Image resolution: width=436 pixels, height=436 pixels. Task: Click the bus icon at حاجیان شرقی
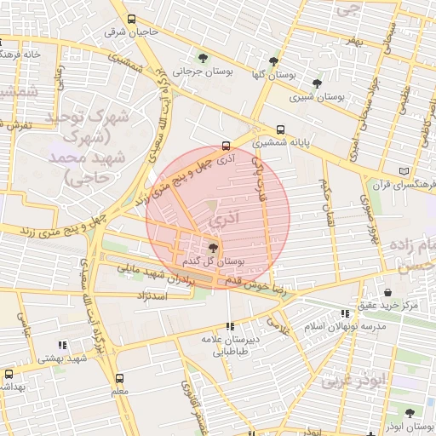click(x=130, y=19)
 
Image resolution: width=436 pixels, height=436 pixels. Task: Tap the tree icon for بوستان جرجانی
click(x=202, y=58)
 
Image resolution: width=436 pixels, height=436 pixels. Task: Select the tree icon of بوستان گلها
click(x=272, y=61)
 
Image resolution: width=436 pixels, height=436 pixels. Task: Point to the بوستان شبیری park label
click(x=317, y=97)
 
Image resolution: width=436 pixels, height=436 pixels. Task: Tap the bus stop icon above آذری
click(x=225, y=145)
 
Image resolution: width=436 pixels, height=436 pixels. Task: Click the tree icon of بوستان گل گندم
click(x=212, y=248)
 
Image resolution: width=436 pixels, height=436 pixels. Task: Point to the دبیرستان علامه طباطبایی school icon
click(x=229, y=325)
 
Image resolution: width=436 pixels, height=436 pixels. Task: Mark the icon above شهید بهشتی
click(x=61, y=345)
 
